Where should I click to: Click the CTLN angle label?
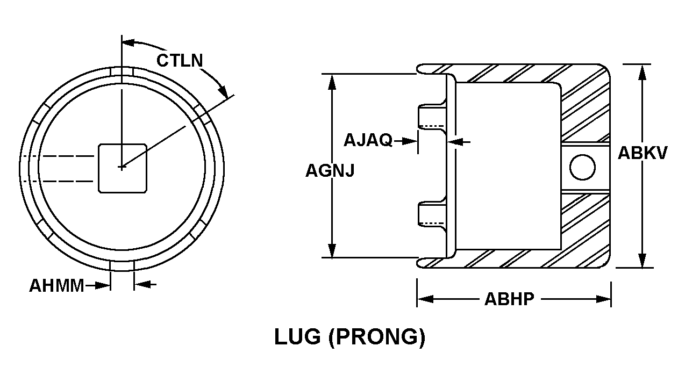tap(180, 60)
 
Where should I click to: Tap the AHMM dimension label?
tap(56, 285)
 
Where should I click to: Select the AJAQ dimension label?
tap(368, 140)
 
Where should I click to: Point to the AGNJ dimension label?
tap(330, 170)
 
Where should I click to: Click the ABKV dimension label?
tap(643, 153)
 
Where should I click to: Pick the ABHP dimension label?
tap(509, 299)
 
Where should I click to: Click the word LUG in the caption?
tap(297, 337)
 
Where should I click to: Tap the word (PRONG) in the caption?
tap(377, 337)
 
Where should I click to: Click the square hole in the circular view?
tap(123, 169)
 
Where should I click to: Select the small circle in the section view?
tap(582, 167)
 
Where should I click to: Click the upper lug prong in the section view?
tap(432, 117)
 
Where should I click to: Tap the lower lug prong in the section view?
tap(432, 215)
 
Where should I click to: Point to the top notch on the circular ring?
tap(122, 71)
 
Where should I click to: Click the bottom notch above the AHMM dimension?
tap(122, 265)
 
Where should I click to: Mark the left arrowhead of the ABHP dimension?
tap(425, 299)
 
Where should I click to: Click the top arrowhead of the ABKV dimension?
tap(643, 73)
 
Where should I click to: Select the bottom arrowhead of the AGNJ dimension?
tap(332, 250)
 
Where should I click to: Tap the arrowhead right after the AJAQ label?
tap(410, 141)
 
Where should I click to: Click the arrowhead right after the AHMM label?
tap(102, 285)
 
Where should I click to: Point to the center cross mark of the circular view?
tap(122, 167)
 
